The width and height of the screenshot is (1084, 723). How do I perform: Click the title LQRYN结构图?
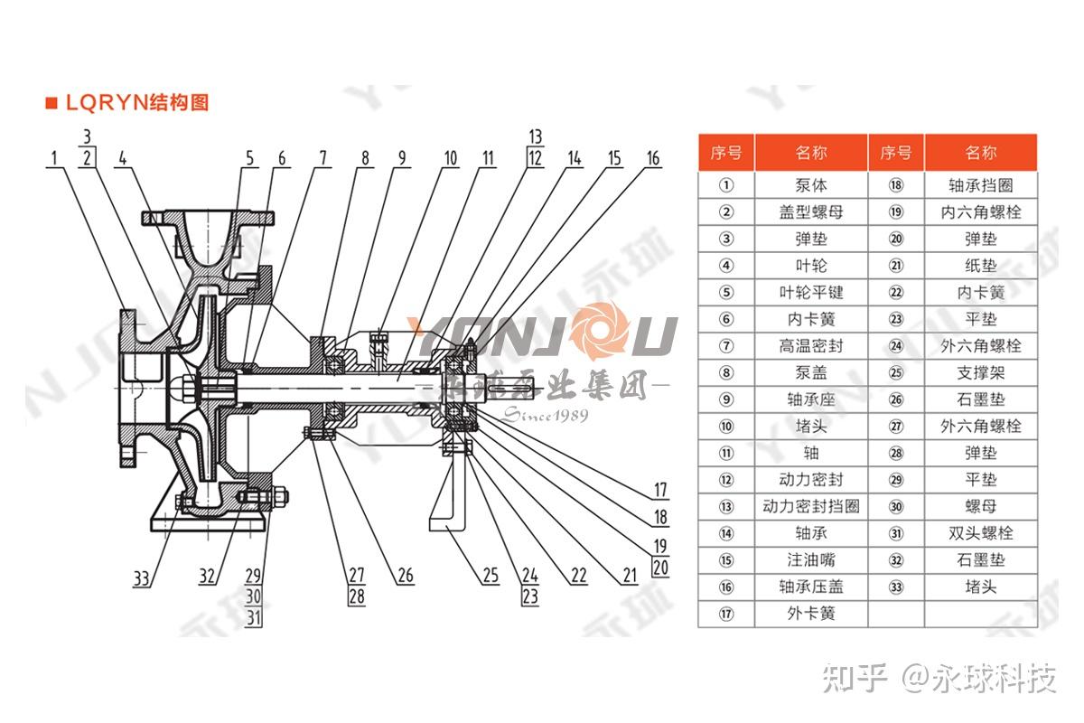[x=135, y=102]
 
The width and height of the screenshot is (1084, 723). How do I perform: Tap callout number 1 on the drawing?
[x=55, y=159]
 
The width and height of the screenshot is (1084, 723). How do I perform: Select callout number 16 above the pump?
[x=652, y=159]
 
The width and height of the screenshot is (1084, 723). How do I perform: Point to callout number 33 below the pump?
[x=141, y=577]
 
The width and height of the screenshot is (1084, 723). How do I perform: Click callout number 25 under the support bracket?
[x=490, y=575]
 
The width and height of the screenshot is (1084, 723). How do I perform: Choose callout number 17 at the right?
[x=660, y=491]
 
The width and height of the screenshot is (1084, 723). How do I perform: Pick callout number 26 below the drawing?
[x=404, y=575]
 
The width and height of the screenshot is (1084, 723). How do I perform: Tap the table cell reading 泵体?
[x=810, y=185]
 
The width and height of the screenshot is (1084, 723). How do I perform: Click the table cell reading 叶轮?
[x=810, y=266]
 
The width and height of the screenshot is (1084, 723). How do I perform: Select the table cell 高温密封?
[x=810, y=346]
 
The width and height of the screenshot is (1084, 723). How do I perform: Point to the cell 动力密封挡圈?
[x=810, y=506]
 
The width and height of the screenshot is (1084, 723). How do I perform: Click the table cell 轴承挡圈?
[x=980, y=185]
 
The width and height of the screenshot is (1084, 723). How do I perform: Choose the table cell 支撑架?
[x=980, y=372]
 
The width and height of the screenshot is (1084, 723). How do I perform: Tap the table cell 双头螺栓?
[x=980, y=533]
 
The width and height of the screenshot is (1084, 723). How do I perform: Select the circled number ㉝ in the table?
[x=895, y=587]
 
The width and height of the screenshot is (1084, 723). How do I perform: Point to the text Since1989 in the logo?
[x=545, y=415]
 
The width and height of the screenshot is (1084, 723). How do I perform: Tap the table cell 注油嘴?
[x=810, y=559]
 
